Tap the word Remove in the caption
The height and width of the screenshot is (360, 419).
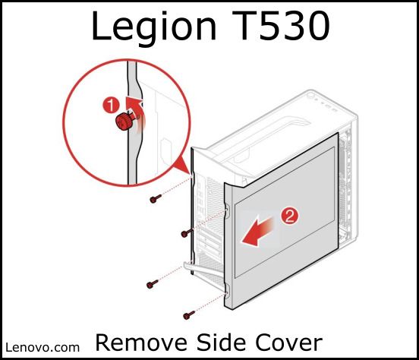tap(141, 343)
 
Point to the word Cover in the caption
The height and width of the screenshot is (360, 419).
tap(289, 343)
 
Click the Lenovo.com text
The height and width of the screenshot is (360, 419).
tap(43, 347)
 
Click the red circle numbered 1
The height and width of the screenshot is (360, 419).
tap(111, 105)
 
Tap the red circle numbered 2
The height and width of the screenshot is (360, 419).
tap(289, 216)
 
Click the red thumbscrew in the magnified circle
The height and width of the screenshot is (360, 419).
tap(123, 122)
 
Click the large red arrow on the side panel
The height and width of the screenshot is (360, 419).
tap(258, 232)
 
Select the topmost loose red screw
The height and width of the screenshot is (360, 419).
tap(156, 199)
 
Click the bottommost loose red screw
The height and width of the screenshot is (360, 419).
tap(189, 315)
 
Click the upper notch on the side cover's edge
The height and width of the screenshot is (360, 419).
tap(227, 210)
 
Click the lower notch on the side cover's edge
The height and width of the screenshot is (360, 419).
tap(227, 290)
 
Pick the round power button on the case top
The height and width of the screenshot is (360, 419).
tap(310, 96)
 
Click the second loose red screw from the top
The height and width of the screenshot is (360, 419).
tap(187, 233)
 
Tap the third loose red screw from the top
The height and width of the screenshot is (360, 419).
tap(153, 284)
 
